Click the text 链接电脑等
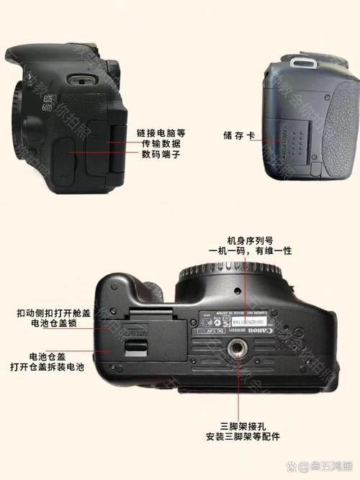161,133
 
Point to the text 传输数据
161,144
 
